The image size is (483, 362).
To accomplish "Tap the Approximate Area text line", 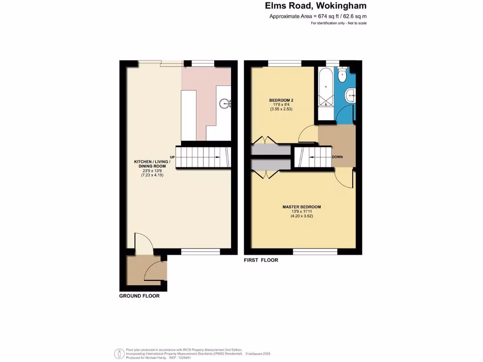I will tap(318, 16).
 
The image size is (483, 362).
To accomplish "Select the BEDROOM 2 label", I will tap(282, 100).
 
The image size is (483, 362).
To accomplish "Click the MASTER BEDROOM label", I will tap(302, 207).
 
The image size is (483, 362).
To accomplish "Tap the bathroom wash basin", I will tap(350, 95).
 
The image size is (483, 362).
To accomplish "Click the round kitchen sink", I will tap(224, 103).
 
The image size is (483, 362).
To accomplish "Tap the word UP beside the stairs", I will tap(172, 157).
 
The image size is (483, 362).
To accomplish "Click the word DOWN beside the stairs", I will tap(337, 157).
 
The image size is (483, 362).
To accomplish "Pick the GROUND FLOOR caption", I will tap(139, 296).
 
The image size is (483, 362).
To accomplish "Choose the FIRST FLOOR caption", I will tap(261, 260).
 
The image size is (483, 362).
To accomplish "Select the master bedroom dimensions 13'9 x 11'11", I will tap(302, 212).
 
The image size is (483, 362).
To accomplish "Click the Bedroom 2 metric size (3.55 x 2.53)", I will tap(282, 109).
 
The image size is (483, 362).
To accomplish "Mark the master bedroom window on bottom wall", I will tap(315, 251).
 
